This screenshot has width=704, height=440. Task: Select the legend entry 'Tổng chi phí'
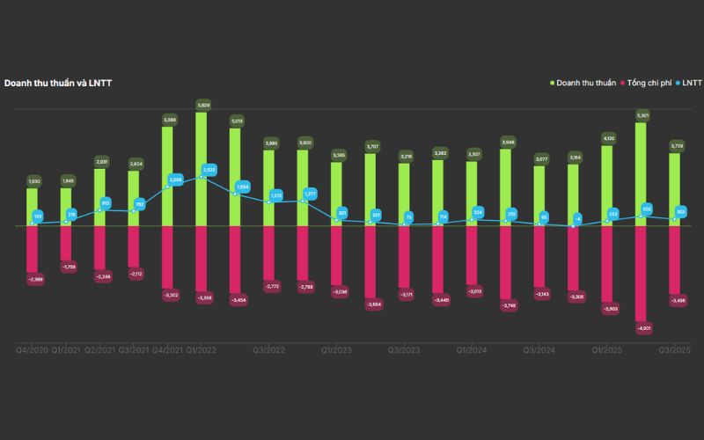click(647, 83)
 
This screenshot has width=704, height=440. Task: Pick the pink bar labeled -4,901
click(642, 273)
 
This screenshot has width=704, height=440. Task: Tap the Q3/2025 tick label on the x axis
click(675, 350)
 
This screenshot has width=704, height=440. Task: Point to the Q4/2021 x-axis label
click(167, 350)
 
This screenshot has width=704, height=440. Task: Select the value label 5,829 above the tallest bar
click(202, 105)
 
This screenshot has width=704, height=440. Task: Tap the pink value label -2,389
click(35, 279)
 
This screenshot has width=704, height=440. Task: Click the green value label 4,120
click(608, 138)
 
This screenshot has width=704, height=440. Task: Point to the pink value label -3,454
click(238, 300)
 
